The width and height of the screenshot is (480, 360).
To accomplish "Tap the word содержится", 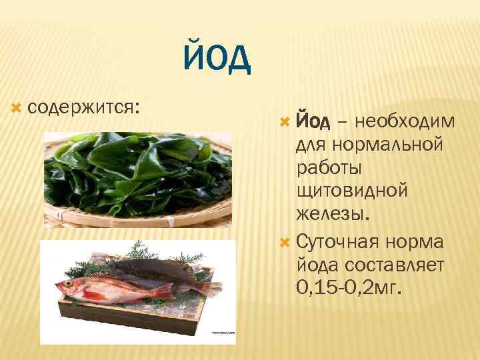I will (84, 106).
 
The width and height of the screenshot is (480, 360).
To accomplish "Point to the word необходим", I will (406, 121).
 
